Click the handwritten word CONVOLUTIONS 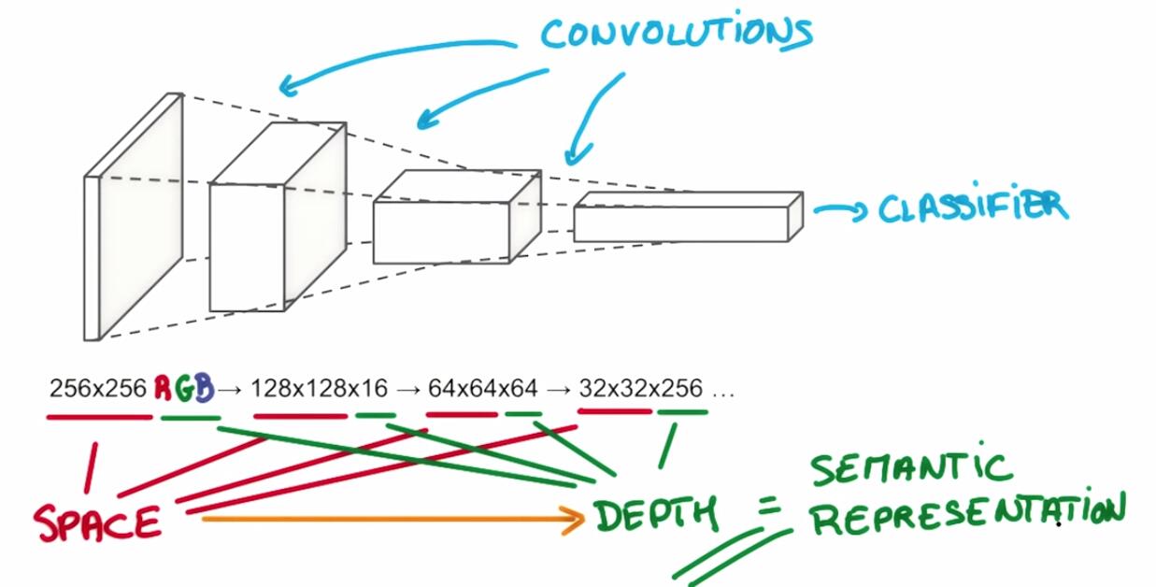(x=677, y=32)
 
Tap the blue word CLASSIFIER (x=972, y=207)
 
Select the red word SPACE (x=98, y=521)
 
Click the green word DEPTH (x=655, y=514)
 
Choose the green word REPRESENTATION (x=967, y=516)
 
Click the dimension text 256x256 (x=98, y=388)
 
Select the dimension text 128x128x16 (x=312, y=388)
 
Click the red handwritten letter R (x=164, y=387)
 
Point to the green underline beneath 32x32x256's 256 (x=681, y=412)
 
